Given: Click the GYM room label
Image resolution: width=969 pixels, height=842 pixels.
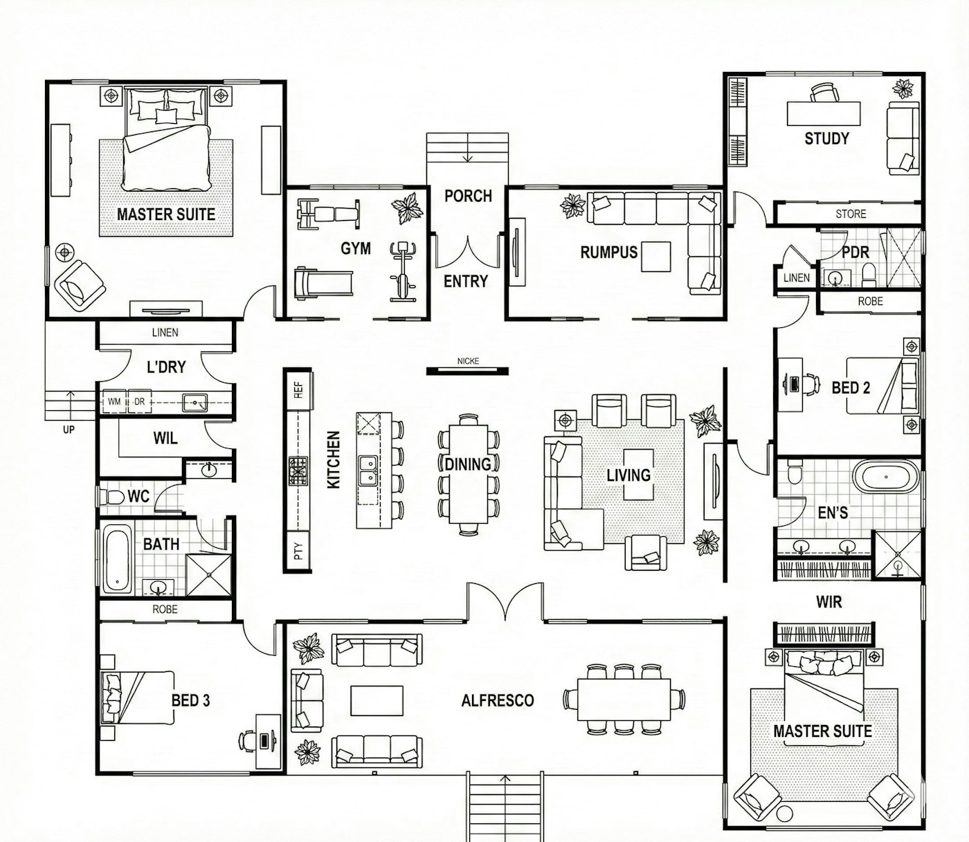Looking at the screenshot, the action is [x=356, y=248].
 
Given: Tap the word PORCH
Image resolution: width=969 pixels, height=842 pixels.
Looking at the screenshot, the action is [x=468, y=196].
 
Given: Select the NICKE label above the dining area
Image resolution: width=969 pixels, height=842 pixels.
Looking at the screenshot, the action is [x=468, y=361].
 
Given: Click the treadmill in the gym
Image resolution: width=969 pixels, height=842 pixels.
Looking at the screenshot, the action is [x=323, y=284].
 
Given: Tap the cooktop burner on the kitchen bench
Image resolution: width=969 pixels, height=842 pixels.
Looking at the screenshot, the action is [x=298, y=471].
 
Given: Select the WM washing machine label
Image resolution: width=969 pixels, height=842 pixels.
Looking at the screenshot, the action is [x=114, y=402].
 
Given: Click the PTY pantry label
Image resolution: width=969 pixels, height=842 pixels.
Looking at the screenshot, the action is [x=298, y=551].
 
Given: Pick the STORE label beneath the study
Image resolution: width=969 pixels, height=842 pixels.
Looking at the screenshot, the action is [x=851, y=214].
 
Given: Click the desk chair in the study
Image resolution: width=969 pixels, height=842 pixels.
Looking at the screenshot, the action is [x=824, y=93].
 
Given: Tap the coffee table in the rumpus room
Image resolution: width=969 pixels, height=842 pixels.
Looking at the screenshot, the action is [x=656, y=257].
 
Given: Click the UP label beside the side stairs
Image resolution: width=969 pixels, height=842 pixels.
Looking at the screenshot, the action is [x=69, y=430].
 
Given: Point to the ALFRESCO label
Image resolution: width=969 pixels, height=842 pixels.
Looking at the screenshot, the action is [x=497, y=700].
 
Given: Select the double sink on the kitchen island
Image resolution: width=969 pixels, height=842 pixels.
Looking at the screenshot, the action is [x=368, y=471].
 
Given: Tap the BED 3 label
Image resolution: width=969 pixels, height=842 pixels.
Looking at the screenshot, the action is [x=190, y=700].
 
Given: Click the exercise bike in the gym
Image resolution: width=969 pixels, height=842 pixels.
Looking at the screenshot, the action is [x=403, y=272].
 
